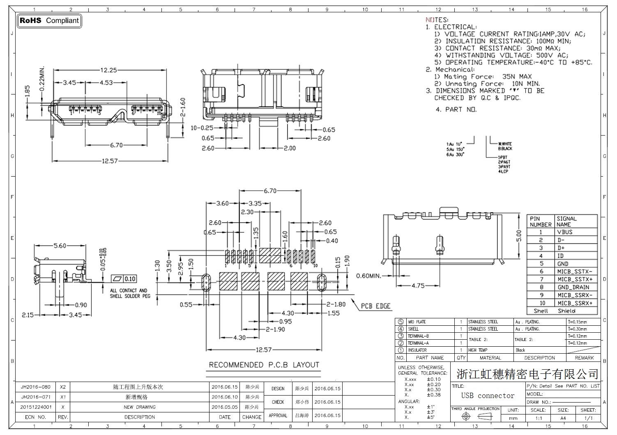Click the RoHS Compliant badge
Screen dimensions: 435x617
[49, 21]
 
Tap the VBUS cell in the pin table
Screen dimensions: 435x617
[565, 232]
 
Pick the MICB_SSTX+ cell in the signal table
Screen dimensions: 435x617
[575, 279]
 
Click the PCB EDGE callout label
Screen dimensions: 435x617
[375, 306]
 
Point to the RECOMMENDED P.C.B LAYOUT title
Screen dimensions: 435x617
[264, 365]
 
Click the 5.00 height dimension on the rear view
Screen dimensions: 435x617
[519, 235]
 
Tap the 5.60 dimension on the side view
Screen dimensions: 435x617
[60, 246]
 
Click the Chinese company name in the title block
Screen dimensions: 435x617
[527, 374]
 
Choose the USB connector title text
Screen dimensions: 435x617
[488, 396]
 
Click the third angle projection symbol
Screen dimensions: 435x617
[475, 417]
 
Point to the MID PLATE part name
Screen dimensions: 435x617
[417, 322]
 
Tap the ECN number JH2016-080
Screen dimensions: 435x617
[36, 387]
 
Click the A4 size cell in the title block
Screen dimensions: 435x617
[563, 418]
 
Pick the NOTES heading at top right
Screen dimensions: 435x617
[437, 20]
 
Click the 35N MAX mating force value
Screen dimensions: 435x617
[517, 76]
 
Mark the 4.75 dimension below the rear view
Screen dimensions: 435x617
[418, 285]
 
